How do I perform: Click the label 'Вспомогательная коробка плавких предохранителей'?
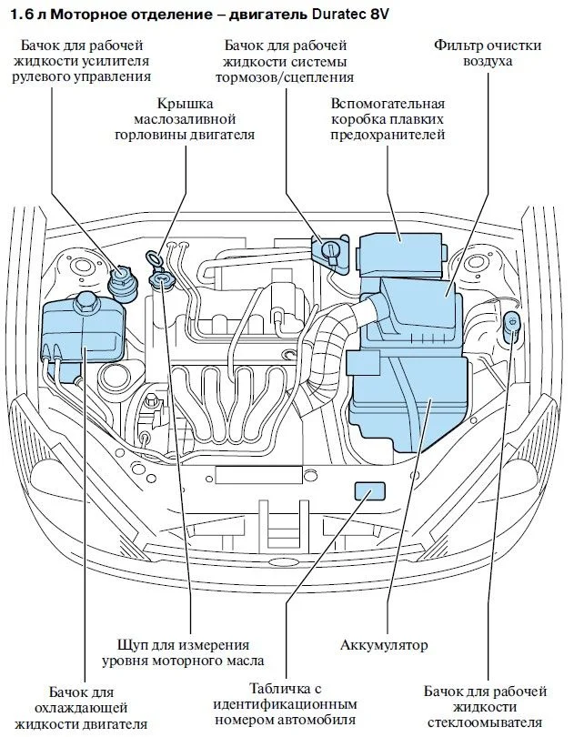(388, 119)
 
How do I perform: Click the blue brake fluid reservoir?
(329, 249)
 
